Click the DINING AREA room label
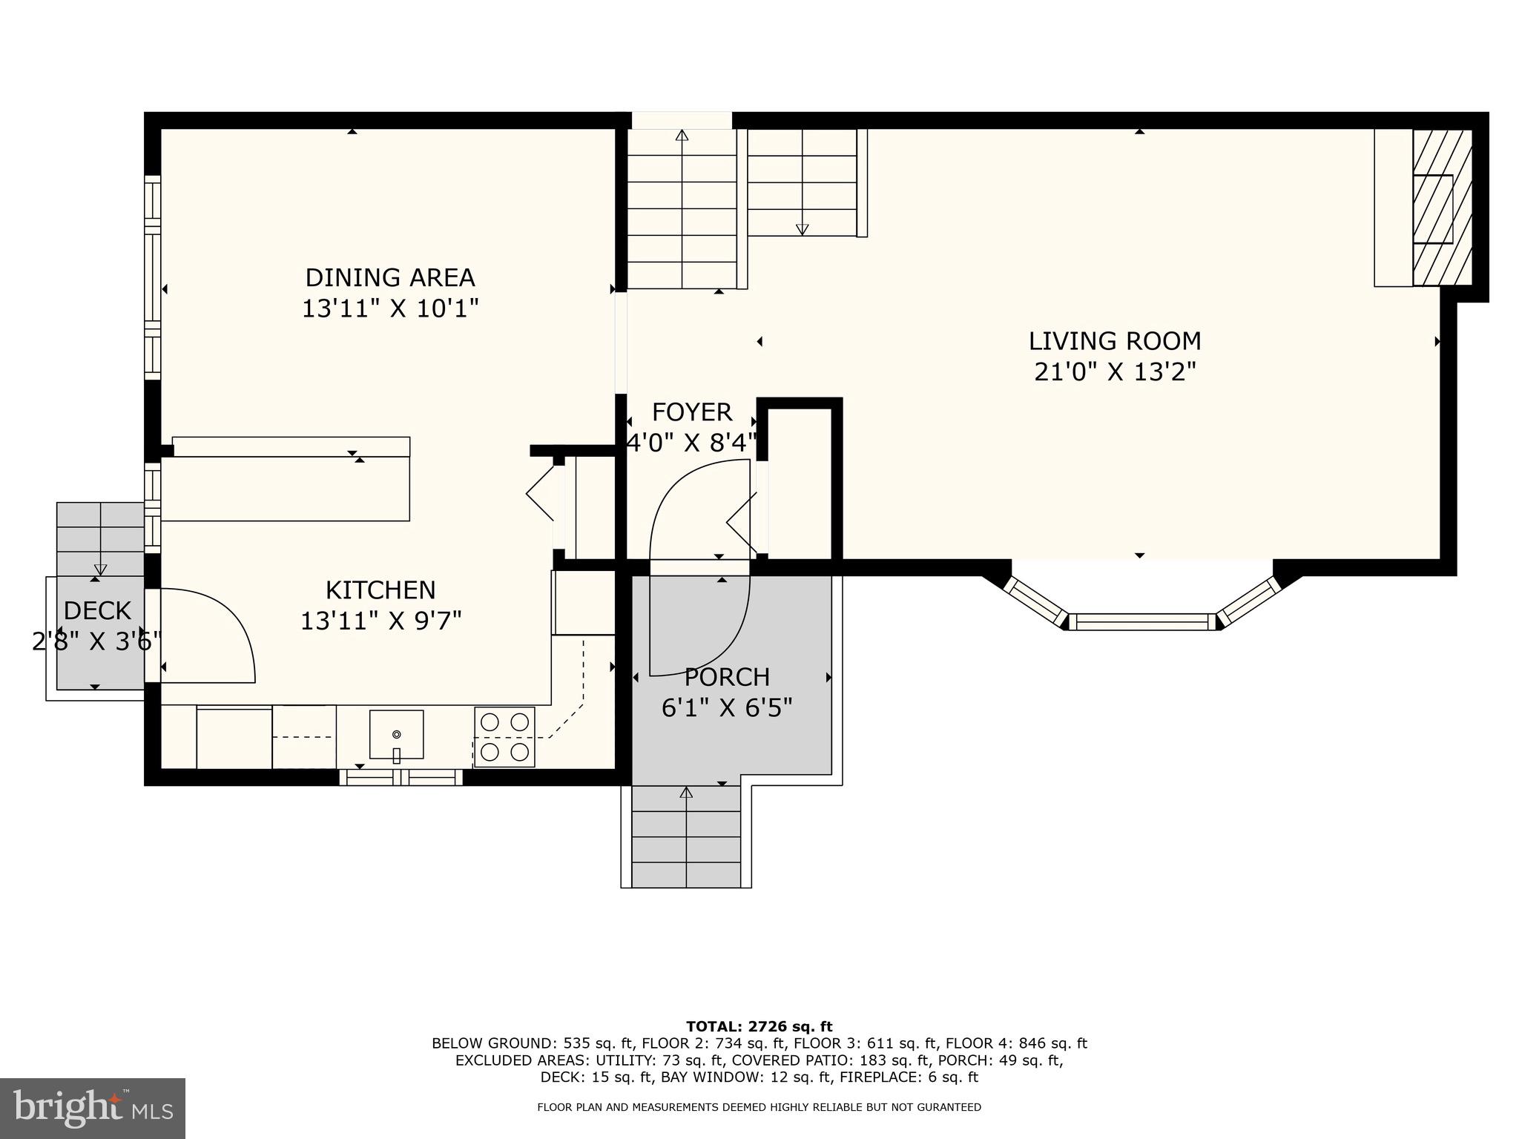(390, 277)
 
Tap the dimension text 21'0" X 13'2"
(1115, 372)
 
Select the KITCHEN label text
(380, 590)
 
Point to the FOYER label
(691, 412)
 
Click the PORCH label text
(727, 677)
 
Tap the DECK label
(97, 611)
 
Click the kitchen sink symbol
(396, 735)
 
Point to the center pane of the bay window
(1142, 621)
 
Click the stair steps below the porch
(686, 838)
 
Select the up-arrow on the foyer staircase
(682, 135)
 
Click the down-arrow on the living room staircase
(802, 229)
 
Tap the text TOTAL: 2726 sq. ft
(759, 1026)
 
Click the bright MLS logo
(93, 1108)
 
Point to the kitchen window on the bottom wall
(401, 777)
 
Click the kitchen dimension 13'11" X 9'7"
(380, 621)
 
